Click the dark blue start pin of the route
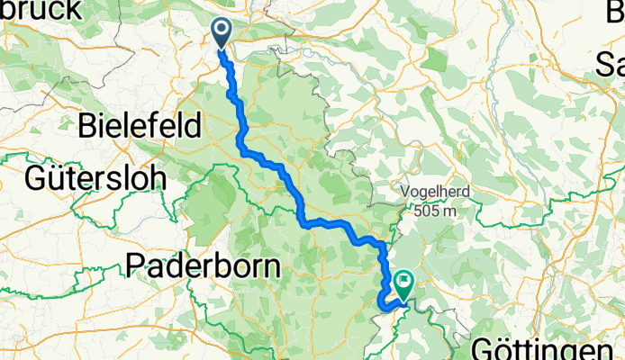(222, 32)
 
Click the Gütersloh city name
(95, 176)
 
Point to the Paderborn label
(204, 265)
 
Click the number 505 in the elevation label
(430, 211)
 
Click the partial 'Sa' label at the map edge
(611, 65)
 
